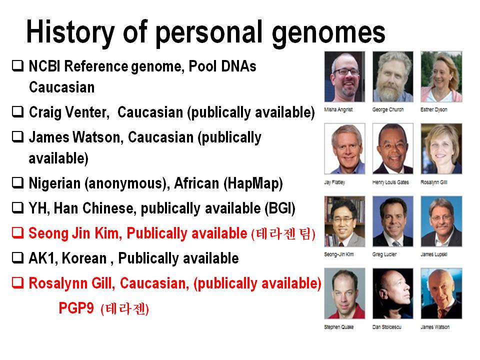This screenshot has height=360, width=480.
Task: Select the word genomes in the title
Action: coord(328,33)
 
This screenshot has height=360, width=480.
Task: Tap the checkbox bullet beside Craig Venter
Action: coord(18,111)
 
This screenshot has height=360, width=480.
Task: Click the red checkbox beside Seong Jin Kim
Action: coord(18,233)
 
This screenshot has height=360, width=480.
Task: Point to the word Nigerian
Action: coord(54,183)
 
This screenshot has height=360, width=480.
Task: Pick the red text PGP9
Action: coord(76,307)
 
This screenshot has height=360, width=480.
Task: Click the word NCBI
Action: coord(44,66)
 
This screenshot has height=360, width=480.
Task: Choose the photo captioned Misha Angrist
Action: coord(344,76)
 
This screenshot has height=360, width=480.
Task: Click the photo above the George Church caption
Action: coord(393,76)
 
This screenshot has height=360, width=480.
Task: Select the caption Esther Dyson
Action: coord(434,109)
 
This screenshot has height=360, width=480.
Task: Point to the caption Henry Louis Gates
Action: coord(390,182)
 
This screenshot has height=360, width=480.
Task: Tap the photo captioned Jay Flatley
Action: coord(344,149)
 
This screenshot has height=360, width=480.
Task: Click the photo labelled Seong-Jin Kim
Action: coord(344,221)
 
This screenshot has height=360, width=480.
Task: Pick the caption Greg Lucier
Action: coord(384,254)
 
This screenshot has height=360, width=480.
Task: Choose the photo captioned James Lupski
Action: coord(441,221)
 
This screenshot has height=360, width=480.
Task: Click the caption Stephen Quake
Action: coord(339,327)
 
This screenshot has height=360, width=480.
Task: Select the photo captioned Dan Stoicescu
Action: coord(393,293)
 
